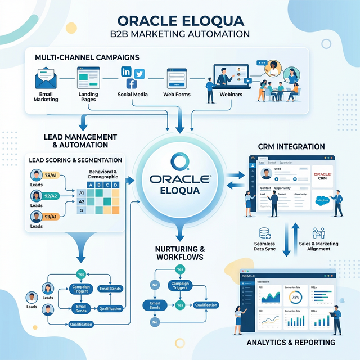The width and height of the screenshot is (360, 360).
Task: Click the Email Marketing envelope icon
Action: coord(46,78)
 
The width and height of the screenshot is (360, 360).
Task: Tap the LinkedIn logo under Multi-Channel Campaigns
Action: coord(126,71)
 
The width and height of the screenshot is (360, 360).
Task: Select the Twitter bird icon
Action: coord(139,73)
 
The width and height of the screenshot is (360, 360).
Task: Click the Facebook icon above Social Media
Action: coord(131,84)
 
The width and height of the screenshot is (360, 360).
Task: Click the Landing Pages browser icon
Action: coord(88,76)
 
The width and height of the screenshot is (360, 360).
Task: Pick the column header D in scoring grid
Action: coord(115,185)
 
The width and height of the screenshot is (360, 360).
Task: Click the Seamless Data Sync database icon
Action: coord(265,233)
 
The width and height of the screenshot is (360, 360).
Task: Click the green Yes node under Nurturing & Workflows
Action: coord(180,269)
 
